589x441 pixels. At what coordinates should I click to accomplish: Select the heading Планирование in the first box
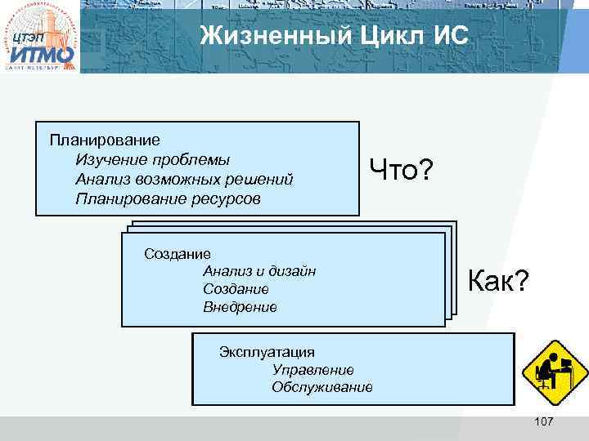[105, 140]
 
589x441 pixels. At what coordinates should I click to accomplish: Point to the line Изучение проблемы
[152, 159]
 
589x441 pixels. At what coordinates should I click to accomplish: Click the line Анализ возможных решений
[183, 179]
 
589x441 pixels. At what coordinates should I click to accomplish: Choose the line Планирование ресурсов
[168, 198]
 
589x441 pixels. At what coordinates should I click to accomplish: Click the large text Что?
[402, 171]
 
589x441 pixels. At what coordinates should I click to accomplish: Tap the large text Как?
[498, 283]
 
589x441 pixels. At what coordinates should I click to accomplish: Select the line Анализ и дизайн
[259, 271]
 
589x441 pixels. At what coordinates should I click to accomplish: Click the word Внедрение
[240, 308]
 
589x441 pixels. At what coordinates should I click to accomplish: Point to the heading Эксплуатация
[267, 352]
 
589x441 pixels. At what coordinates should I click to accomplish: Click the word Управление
[312, 370]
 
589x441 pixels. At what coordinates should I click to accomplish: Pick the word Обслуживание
[321, 387]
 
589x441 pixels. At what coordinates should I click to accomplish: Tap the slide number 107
[543, 421]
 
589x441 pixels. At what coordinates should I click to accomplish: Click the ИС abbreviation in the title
[448, 37]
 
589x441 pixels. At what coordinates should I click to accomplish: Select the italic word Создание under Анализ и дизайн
[236, 289]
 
